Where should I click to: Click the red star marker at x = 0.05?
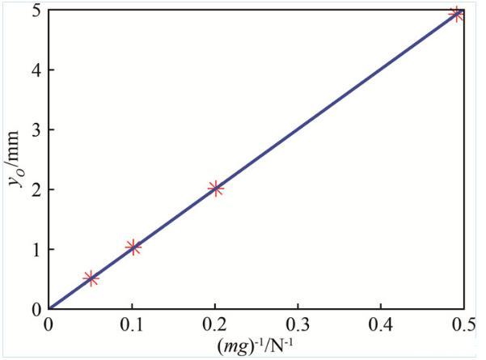coord(91,278)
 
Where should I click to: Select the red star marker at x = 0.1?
coord(133,248)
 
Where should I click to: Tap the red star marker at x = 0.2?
coord(215,188)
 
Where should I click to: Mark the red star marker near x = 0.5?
coord(457,14)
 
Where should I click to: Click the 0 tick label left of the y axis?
coord(36,309)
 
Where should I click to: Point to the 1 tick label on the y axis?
coord(36,249)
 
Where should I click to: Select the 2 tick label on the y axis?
coord(36,189)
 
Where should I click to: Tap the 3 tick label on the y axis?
coord(36,129)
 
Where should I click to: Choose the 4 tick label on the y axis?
coord(36,70)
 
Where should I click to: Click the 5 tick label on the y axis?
coord(36,11)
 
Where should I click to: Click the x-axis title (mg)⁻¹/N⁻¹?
coord(256,345)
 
